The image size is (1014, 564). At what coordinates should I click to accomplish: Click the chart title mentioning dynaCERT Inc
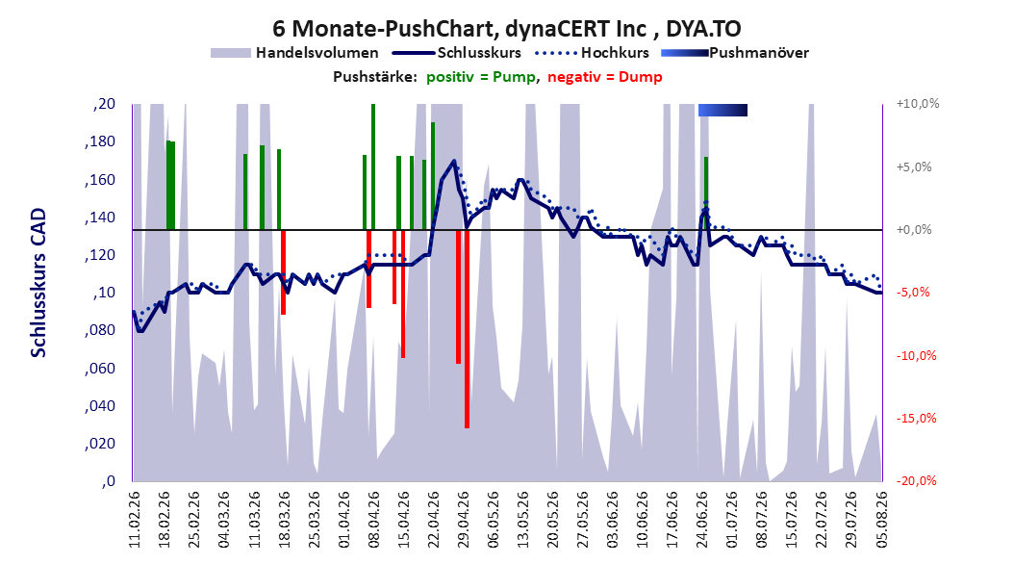pyautogui.click(x=506, y=29)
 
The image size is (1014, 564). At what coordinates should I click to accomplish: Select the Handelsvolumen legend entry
pyautogui.click(x=294, y=53)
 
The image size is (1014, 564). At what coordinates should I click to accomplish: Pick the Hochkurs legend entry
pyautogui.click(x=593, y=53)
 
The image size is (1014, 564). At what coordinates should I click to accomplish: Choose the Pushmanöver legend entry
pyautogui.click(x=735, y=53)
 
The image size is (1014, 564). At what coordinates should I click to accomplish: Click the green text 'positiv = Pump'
pyautogui.click(x=480, y=77)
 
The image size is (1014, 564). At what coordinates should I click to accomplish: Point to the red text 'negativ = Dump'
pyautogui.click(x=605, y=77)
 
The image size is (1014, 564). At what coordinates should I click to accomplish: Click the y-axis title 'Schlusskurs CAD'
pyautogui.click(x=38, y=283)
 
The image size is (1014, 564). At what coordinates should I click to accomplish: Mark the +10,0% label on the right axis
pyautogui.click(x=918, y=104)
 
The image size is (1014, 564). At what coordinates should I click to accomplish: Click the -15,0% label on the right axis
pyautogui.click(x=916, y=419)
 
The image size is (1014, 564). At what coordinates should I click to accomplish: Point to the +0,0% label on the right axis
pyautogui.click(x=914, y=230)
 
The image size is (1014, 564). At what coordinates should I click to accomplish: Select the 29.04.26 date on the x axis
pyautogui.click(x=463, y=520)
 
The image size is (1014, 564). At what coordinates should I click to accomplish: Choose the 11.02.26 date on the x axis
pyautogui.click(x=135, y=520)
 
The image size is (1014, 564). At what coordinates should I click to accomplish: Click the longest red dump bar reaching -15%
pyautogui.click(x=467, y=328)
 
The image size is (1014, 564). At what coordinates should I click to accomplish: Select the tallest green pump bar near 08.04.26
pyautogui.click(x=373, y=167)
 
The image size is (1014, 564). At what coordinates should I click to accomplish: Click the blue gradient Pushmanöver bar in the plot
pyautogui.click(x=723, y=110)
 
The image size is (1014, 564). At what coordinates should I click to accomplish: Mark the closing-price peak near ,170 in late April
pyautogui.click(x=454, y=161)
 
